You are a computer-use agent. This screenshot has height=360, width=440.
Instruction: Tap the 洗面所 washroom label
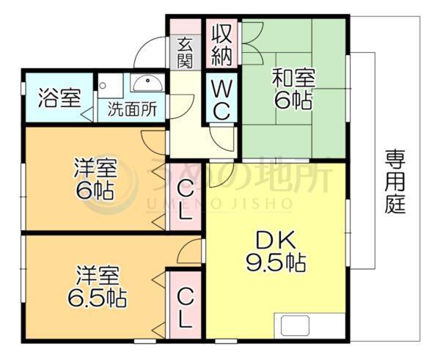[132, 111]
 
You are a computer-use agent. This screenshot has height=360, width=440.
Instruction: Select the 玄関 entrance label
[186, 53]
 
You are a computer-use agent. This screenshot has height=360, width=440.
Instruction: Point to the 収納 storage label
[221, 44]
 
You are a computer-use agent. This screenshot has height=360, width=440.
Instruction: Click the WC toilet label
[221, 100]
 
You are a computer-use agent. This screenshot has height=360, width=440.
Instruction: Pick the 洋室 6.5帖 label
[95, 287]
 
